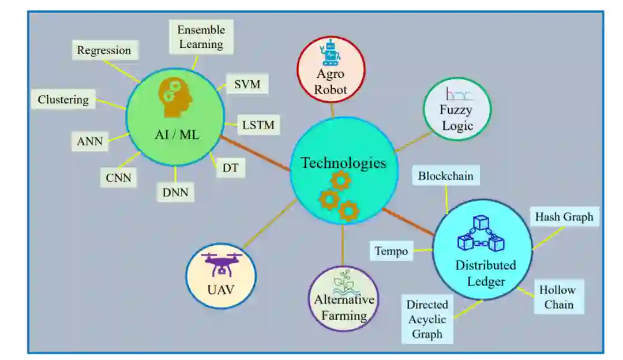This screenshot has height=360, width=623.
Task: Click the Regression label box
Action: pyautogui.click(x=104, y=50)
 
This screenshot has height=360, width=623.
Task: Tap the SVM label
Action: pyautogui.click(x=247, y=85)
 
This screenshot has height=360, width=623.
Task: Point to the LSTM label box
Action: pyautogui.click(x=258, y=124)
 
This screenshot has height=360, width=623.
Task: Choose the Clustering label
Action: pyautogui.click(x=63, y=100)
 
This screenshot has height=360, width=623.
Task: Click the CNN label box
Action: pyautogui.click(x=118, y=178)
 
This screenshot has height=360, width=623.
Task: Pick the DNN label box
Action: pyautogui.click(x=175, y=192)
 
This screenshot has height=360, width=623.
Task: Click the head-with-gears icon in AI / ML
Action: pyautogui.click(x=175, y=96)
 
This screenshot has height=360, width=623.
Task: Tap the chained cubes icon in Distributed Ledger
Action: pyautogui.click(x=481, y=235)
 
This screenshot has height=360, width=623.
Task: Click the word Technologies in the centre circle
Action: pyautogui.click(x=343, y=163)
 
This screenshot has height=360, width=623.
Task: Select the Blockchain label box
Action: pyautogui.click(x=446, y=176)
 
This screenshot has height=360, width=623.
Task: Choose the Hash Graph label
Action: pyautogui.click(x=564, y=217)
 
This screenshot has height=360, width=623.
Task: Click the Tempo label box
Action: pyautogui.click(x=391, y=251)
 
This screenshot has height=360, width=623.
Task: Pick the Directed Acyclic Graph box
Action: pyautogui.click(x=427, y=319)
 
